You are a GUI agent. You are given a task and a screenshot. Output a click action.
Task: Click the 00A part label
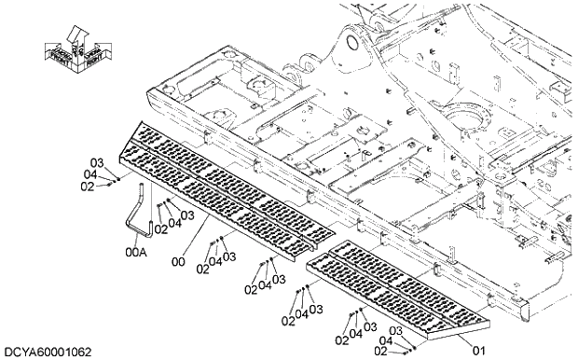pyautogui.click(x=136, y=252)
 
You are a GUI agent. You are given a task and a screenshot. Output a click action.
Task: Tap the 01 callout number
pyautogui.click(x=479, y=350)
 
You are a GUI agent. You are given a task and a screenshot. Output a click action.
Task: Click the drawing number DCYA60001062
pyautogui.click(x=48, y=352)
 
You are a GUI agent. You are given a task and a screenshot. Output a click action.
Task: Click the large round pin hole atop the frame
pyautogui.click(x=352, y=42)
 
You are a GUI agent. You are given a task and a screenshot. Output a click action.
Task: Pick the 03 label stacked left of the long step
pyautogui.click(x=96, y=162)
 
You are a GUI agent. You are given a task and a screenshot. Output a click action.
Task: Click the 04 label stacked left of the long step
pyautogui.click(x=89, y=174)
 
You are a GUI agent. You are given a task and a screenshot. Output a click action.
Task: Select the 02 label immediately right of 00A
pyautogui.click(x=160, y=229)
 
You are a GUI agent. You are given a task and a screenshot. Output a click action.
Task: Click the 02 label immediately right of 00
pyautogui.click(x=201, y=270)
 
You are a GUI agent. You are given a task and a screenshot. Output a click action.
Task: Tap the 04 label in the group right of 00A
pyautogui.click(x=174, y=223)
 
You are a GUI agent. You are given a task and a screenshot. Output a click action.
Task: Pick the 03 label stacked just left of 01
pyautogui.click(x=395, y=332)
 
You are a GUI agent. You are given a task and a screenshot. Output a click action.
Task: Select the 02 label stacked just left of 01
pyautogui.click(x=379, y=351)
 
